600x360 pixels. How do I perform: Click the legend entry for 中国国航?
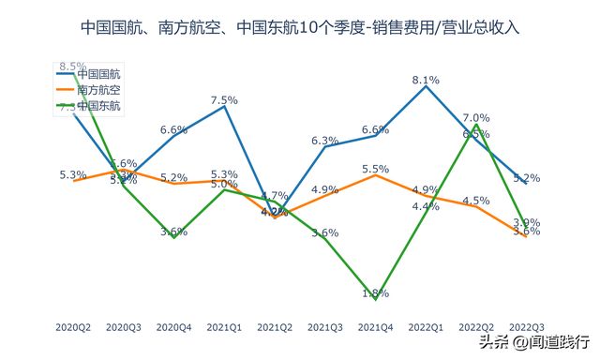pyautogui.click(x=97, y=73)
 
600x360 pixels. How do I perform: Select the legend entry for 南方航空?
pyautogui.click(x=97, y=90)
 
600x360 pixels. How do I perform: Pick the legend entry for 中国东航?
pyautogui.click(x=97, y=106)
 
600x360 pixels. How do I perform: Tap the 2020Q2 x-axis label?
pyautogui.click(x=73, y=327)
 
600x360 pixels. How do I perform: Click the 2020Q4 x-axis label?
pyautogui.click(x=173, y=327)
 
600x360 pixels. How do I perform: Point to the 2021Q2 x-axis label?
pyautogui.click(x=275, y=327)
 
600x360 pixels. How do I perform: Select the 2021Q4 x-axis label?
pyautogui.click(x=375, y=327)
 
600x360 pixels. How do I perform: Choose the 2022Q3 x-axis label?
pyautogui.click(x=526, y=327)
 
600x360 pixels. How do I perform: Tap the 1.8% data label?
pyautogui.click(x=375, y=293)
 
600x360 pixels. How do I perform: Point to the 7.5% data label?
pyautogui.click(x=224, y=99)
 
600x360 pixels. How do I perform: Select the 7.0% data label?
pyautogui.click(x=476, y=118)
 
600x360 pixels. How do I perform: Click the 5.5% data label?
pyautogui.click(x=375, y=169)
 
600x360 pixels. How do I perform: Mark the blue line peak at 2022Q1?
pyautogui.click(x=426, y=86)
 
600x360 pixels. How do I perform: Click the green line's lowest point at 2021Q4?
pyautogui.click(x=375, y=298)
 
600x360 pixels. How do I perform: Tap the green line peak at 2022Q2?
pyautogui.click(x=476, y=125)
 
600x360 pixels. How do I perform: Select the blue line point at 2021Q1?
pyautogui.click(x=224, y=106)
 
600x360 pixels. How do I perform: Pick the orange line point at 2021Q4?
pyautogui.click(x=375, y=175)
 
